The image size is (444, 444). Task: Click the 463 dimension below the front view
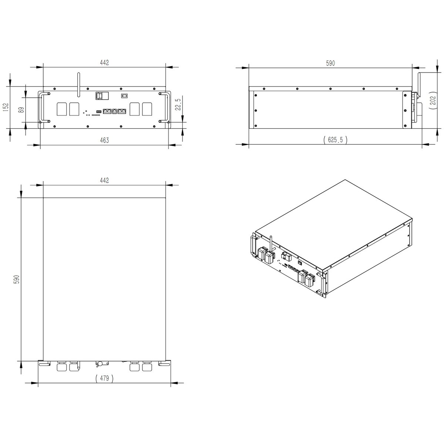click(104, 140)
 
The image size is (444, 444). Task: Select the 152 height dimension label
click(6, 107)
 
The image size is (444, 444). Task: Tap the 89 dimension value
click(21, 110)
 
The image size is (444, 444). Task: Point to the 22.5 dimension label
click(178, 105)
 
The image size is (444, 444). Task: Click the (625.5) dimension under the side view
click(335, 139)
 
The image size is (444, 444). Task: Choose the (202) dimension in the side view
click(433, 100)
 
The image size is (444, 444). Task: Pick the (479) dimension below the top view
click(104, 378)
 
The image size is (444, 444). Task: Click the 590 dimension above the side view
click(330, 63)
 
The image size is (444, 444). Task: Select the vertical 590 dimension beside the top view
click(17, 279)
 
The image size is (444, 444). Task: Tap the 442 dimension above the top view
click(104, 181)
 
